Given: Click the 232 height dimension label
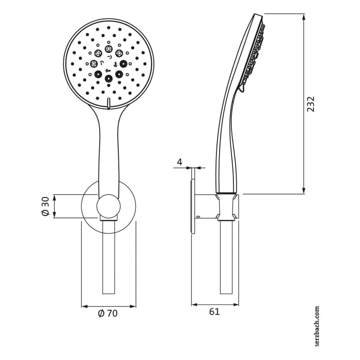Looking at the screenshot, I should tap(311, 104).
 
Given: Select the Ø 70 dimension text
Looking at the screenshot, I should tap(108, 313).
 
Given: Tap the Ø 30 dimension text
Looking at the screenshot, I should tap(45, 206).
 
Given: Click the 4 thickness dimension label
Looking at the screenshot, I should tap(179, 162).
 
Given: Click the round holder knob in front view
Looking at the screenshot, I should tap(109, 206).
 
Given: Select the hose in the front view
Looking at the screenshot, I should tap(109, 257).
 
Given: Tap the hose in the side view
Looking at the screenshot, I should tap(226, 257).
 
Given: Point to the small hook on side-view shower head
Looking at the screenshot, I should tap(241, 90).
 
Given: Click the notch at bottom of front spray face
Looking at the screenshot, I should tap(109, 103).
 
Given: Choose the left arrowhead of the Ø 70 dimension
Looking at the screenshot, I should tap(84, 307).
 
